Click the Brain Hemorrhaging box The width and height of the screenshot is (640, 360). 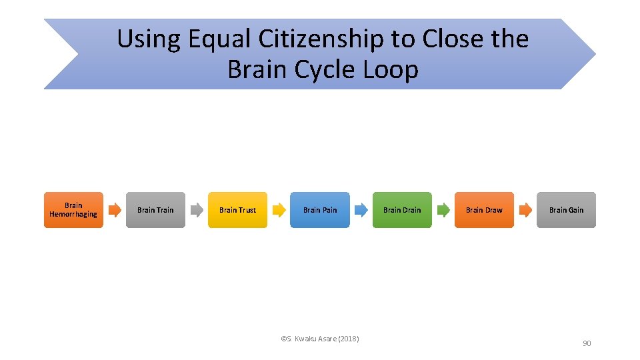point(73,210)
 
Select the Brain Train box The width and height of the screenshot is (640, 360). point(155,210)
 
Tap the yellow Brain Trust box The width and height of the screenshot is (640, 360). point(237,210)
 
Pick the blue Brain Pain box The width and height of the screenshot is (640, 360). point(320,210)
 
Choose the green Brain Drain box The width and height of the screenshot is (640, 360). point(402,210)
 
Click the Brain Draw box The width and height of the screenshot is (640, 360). point(484,210)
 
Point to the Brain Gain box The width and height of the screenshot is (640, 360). point(566,210)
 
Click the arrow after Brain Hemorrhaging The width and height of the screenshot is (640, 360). point(115,210)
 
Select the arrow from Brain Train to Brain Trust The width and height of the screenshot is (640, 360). point(197,210)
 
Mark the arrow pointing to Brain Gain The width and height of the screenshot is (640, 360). point(525,210)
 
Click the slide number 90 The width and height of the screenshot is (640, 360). point(587,343)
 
